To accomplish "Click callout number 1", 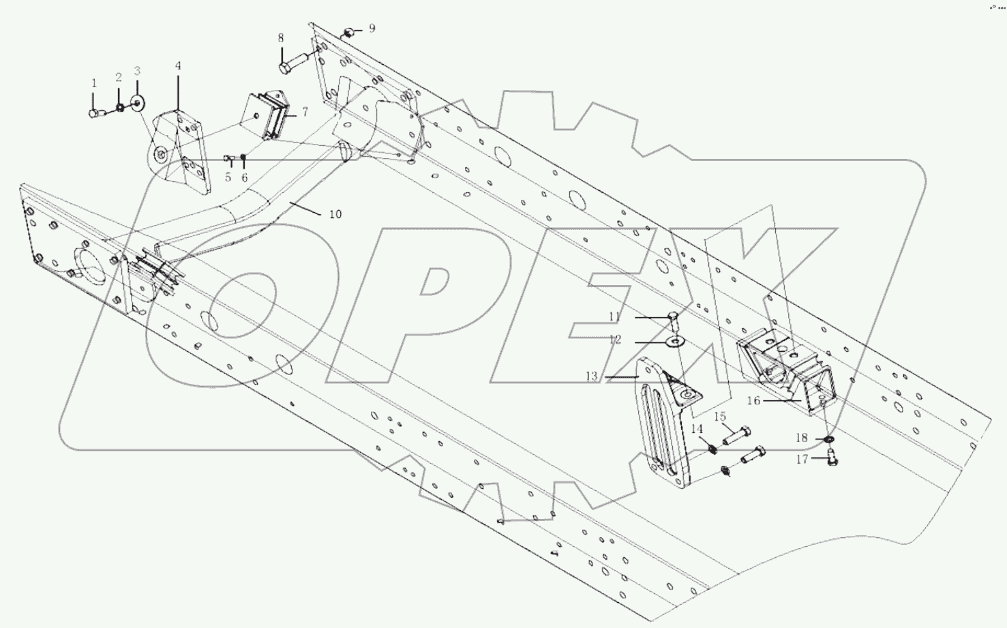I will coord(94,83).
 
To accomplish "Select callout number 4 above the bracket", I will coord(178,66).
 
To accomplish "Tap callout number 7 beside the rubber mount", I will coord(305,111).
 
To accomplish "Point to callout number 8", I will coord(281,39).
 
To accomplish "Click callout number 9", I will coord(372,29).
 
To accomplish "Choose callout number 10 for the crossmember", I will coord(335,214).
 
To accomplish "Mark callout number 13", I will coord(591,376).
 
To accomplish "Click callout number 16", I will coord(753,401).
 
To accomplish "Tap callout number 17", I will coord(802,460).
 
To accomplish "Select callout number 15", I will coord(720,417).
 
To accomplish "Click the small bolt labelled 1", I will coord(95,114).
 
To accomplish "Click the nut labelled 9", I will coord(348,32).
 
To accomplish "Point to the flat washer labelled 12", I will coord(676,341).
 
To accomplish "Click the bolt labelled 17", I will coord(831,461).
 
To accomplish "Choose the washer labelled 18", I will coord(830,440).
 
